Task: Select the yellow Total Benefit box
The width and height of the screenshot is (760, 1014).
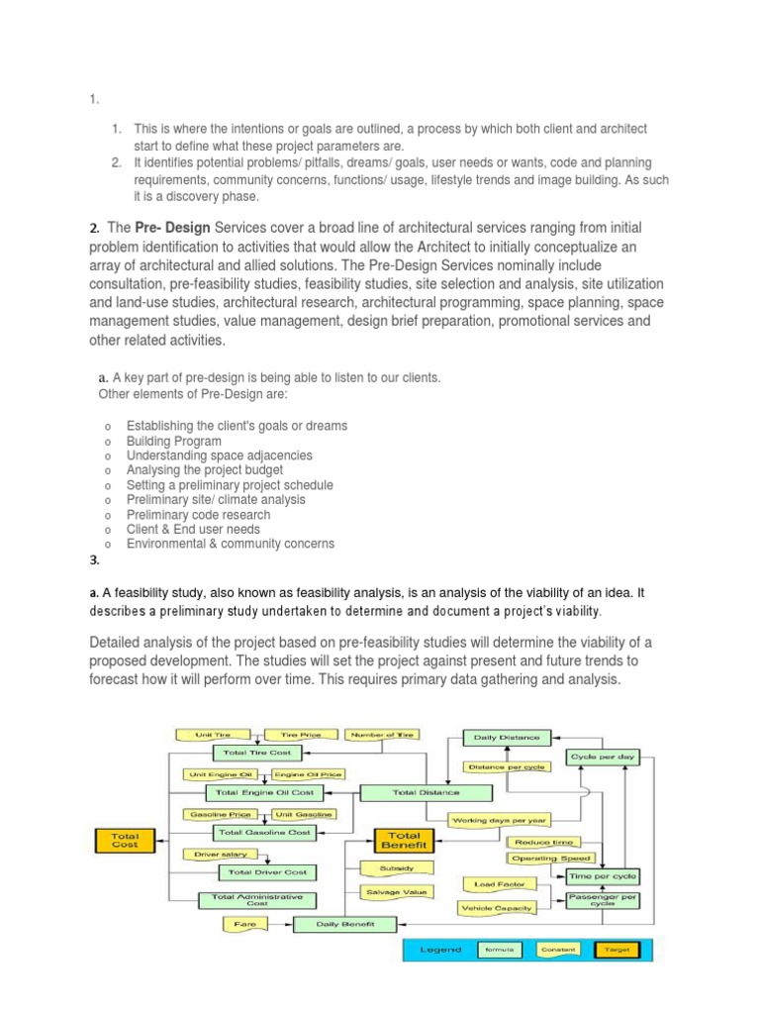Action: click(403, 841)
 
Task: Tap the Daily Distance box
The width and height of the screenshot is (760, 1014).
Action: click(507, 738)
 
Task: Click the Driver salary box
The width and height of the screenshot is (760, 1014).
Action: click(214, 853)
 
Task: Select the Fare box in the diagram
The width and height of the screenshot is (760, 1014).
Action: click(245, 924)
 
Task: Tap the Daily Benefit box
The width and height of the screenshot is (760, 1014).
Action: click(343, 924)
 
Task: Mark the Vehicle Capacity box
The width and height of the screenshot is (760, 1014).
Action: click(496, 907)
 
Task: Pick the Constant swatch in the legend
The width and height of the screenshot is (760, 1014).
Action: click(556, 950)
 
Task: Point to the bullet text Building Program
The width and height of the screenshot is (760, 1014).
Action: click(173, 441)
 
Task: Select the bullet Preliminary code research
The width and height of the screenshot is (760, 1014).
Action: click(198, 515)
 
